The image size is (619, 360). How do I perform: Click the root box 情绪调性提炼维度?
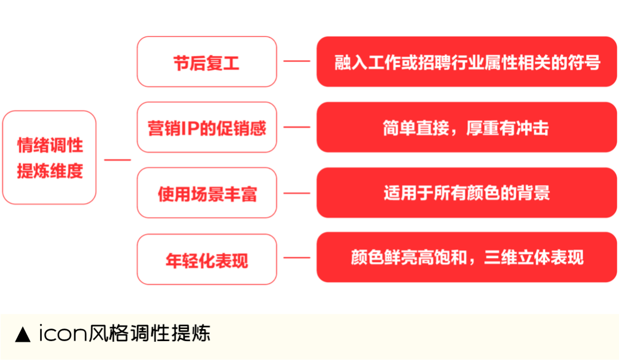coord(49,158)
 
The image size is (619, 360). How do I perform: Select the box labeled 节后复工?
coord(207,61)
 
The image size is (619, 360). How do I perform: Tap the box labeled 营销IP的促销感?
coord(207,127)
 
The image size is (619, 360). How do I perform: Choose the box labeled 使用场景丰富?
coord(207,193)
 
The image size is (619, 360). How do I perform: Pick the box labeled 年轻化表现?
coord(207,259)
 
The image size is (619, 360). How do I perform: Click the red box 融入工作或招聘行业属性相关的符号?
coord(467,61)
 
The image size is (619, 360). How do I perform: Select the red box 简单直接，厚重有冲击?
coord(467,127)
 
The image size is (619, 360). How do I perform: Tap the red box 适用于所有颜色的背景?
coord(467,193)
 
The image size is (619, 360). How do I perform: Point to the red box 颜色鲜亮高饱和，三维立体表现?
coord(467,257)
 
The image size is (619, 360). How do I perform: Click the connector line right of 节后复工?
coord(297,61)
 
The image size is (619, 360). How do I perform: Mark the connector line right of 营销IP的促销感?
coord(297,127)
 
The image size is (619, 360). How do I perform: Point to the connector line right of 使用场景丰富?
coord(297,193)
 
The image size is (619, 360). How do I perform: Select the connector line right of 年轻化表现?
coord(297,258)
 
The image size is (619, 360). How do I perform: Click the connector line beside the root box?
coord(117,160)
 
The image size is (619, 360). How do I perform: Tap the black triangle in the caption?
coord(22,334)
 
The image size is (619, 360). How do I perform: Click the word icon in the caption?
coord(63,333)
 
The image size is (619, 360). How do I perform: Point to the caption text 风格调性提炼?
coord(149,333)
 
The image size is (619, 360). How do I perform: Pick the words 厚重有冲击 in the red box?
coord(507,128)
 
